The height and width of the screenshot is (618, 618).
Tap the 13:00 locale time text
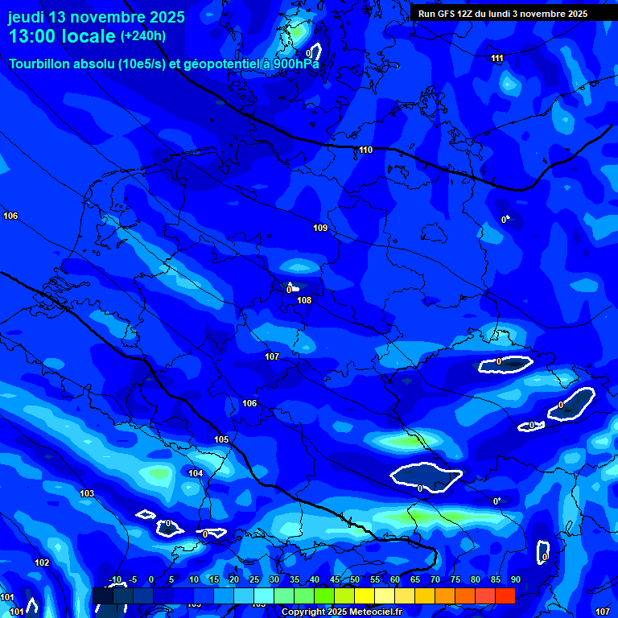(61, 37)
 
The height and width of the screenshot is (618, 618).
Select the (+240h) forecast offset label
(143, 36)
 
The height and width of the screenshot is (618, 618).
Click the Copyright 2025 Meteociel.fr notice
(341, 612)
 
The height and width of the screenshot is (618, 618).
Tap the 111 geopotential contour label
(497, 58)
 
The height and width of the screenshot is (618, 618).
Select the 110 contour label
(366, 150)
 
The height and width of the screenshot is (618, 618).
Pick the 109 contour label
(320, 228)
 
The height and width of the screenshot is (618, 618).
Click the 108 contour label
(304, 300)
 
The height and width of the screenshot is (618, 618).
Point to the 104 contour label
(196, 473)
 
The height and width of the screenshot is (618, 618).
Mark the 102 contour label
(42, 562)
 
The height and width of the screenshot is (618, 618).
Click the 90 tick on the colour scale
(515, 580)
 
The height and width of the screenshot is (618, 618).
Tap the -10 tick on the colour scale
(115, 580)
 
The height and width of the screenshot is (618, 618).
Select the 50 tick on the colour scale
(355, 580)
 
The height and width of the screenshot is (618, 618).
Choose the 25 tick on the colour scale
(254, 580)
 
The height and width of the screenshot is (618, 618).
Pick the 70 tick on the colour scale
(435, 580)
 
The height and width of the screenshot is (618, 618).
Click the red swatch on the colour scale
(505, 595)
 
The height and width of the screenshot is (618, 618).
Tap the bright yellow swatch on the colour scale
(365, 595)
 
